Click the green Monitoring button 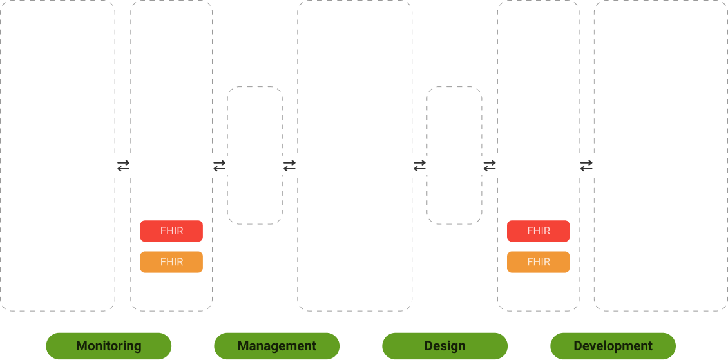point(109,346)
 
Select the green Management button point(277,346)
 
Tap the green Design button point(445,346)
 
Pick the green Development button point(613,346)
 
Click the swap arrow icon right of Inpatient point(123,166)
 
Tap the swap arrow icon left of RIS point(587,166)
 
